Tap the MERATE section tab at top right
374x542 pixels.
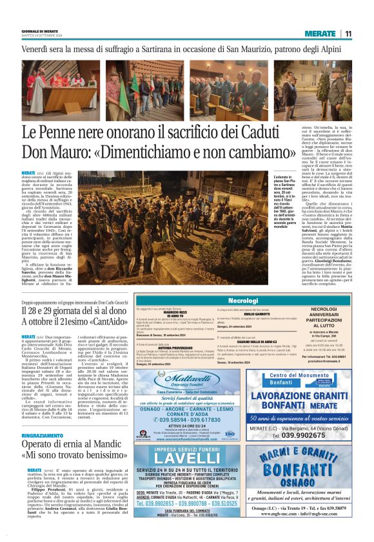point(320,33)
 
